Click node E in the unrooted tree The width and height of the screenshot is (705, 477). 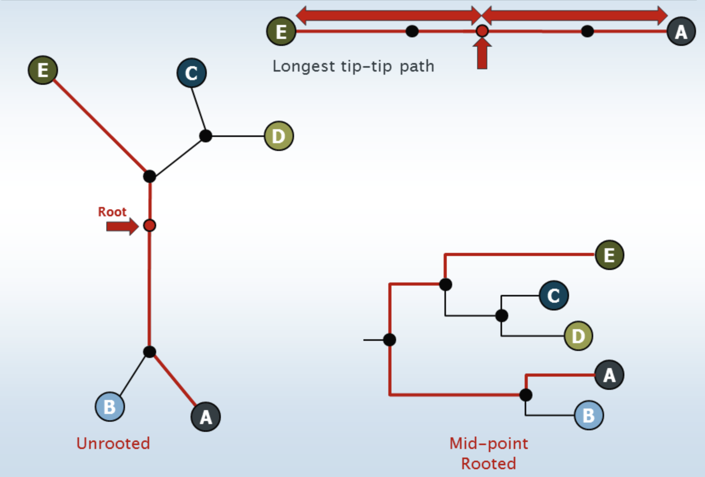coord(43,70)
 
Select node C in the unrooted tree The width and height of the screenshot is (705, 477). coord(191,73)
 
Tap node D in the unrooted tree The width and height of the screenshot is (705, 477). coord(278,136)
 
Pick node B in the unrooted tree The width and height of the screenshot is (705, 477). coord(110,407)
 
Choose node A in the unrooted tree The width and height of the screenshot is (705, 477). coord(206,417)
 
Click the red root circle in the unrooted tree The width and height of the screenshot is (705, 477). coord(150,225)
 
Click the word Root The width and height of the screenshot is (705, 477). coord(112,212)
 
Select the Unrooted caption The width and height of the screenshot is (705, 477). coord(113,444)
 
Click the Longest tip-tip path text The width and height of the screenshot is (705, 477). coord(353,66)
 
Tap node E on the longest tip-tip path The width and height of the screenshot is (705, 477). coord(281,32)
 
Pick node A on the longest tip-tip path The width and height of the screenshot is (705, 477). coord(681,32)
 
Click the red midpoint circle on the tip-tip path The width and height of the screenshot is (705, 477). coord(482,31)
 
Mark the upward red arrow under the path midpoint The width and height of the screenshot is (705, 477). coord(482,54)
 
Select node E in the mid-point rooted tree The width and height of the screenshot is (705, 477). coord(610,255)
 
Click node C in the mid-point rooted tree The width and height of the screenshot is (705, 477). coord(554,295)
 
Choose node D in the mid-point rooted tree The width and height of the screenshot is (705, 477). coord(578,336)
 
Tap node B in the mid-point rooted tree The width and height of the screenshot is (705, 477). coord(589,415)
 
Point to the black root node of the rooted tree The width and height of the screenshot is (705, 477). coord(390,340)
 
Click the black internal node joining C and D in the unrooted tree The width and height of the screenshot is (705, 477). coord(206,136)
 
